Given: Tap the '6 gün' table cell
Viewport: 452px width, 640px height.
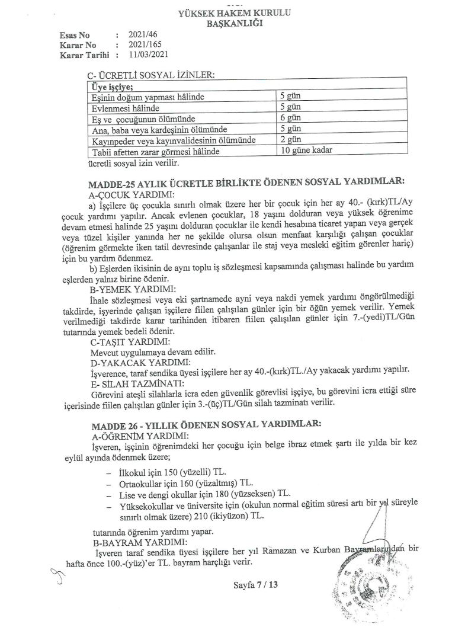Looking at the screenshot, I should pos(291,118).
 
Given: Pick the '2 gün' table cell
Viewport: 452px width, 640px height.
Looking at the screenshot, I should pos(291,140).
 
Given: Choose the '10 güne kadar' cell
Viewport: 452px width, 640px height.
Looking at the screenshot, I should pos(306,151).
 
